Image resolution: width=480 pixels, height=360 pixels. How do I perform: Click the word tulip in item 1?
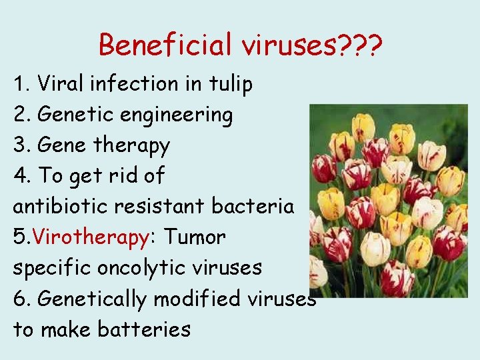[x=229, y=84]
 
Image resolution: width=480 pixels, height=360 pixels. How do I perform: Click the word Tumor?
[x=195, y=237]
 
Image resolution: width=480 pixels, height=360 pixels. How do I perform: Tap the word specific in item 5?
[x=52, y=268]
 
